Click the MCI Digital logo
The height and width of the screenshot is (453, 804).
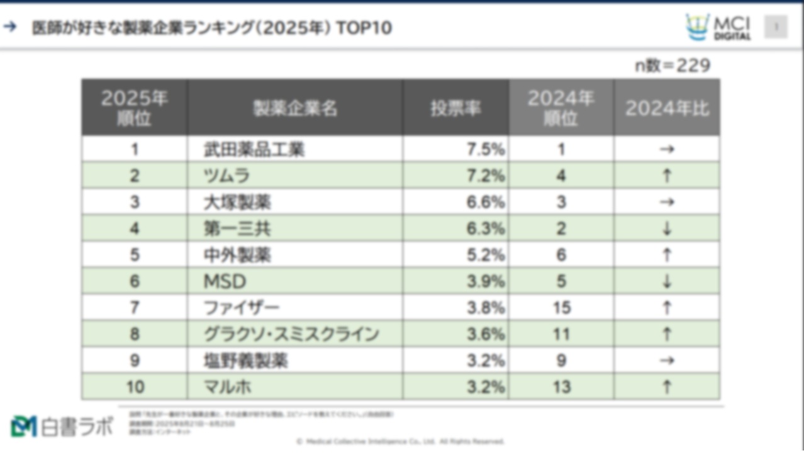coord(718,27)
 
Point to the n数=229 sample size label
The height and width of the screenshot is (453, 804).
coord(672,65)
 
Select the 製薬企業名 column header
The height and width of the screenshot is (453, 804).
coord(295,108)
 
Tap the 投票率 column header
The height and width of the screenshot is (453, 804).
coord(455,108)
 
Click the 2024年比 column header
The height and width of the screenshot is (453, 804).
coord(667,108)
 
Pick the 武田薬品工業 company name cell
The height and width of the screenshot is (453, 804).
coord(254,149)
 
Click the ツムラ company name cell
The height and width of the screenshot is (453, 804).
coord(226,176)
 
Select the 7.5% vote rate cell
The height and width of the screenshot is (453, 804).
coord(486,149)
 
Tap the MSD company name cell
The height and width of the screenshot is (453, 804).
coord(225,281)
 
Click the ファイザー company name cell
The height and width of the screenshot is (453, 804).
coord(241,308)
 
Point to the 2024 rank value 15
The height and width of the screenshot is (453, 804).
coord(561,308)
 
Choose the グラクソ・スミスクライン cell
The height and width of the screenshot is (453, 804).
coord(291,334)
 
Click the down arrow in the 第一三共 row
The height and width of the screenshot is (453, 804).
coord(667,228)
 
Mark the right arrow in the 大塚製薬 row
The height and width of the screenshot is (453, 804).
coord(667,202)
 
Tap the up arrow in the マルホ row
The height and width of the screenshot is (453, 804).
coord(667,387)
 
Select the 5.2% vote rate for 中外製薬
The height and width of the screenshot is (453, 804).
coord(486,255)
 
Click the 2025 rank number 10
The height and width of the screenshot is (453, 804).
coord(135,387)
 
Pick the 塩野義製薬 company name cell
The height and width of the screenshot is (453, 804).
coord(245,361)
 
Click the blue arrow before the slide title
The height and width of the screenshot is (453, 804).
coord(10,27)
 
